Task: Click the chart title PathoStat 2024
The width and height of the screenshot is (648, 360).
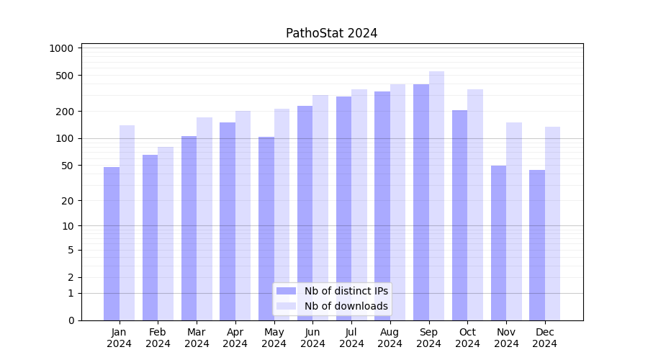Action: [331, 33]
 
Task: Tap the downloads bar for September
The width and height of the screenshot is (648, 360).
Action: [436, 196]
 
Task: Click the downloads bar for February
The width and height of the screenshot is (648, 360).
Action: [166, 233]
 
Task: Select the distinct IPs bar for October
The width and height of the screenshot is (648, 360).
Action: [459, 215]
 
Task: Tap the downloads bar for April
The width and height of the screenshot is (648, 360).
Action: [243, 215]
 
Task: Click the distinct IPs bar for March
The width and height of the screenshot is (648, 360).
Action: [189, 228]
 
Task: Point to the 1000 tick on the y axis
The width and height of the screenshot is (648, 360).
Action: [62, 48]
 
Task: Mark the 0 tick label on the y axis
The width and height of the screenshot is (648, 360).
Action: [71, 320]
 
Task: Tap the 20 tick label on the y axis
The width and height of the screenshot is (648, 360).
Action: [68, 201]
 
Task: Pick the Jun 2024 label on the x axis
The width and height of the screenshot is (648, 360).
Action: [312, 338]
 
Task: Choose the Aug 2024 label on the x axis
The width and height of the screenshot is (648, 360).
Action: [390, 338]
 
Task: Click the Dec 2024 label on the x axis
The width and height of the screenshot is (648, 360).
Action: [545, 338]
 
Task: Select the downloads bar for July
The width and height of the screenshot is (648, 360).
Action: [359, 204]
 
